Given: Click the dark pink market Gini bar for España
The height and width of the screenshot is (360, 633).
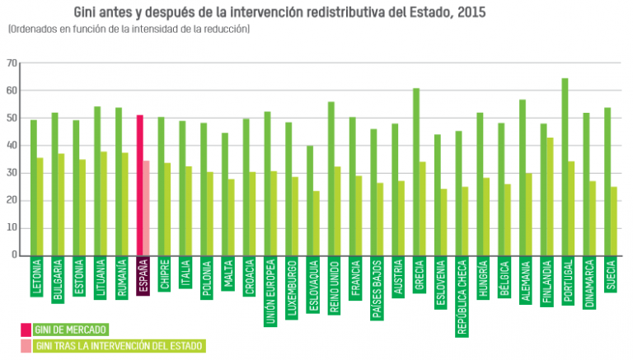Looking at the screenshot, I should (140, 185).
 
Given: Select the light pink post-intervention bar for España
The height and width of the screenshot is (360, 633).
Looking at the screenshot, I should (147, 208).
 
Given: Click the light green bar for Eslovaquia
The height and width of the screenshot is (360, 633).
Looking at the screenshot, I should (316, 222).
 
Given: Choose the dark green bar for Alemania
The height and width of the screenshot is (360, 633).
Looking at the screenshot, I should (523, 177).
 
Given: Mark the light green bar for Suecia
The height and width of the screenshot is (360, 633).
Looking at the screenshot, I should (614, 221).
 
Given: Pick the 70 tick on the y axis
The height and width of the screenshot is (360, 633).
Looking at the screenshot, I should (12, 63).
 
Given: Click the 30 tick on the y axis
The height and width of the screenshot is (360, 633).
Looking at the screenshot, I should (12, 173).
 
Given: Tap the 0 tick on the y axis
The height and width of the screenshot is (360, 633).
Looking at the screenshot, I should (14, 255).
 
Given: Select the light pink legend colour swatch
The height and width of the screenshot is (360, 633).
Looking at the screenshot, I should (26, 345).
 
